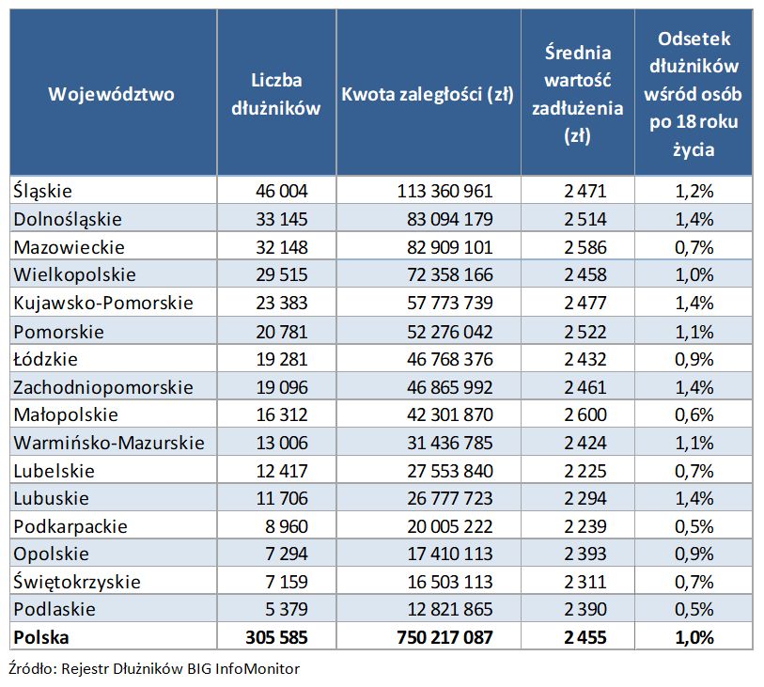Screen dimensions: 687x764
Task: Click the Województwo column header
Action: tap(112, 94)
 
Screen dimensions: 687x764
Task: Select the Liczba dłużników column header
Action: tap(275, 94)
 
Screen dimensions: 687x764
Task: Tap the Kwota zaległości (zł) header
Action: tap(428, 94)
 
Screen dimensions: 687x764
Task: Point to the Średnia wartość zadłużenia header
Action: tap(578, 94)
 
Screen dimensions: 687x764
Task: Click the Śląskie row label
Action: tap(44, 191)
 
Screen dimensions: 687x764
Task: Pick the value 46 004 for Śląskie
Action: tap(282, 191)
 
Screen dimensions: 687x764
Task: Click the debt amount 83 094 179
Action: tap(444, 219)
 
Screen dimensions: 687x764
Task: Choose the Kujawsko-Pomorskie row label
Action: tap(103, 303)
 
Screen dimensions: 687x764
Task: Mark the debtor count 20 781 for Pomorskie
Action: tap(282, 331)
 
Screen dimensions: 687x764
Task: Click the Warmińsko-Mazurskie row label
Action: tap(109, 443)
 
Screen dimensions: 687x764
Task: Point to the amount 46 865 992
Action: tap(444, 386)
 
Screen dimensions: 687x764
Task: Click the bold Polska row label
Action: tap(42, 637)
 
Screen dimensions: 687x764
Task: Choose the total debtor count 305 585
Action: tap(276, 637)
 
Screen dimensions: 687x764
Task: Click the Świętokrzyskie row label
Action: tap(77, 582)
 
